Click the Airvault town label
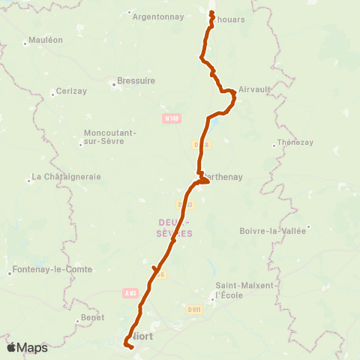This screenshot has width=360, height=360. pyautogui.click(x=252, y=88)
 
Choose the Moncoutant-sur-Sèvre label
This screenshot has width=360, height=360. pyautogui.click(x=110, y=137)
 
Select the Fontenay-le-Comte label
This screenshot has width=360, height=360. pyautogui.click(x=52, y=270)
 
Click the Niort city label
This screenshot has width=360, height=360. pyautogui.click(x=142, y=336)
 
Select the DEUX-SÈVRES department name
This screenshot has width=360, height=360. pyautogui.click(x=175, y=229)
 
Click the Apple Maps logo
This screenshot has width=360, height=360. pyautogui.click(x=27, y=347)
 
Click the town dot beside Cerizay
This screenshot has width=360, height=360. pyautogui.click(x=53, y=94)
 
